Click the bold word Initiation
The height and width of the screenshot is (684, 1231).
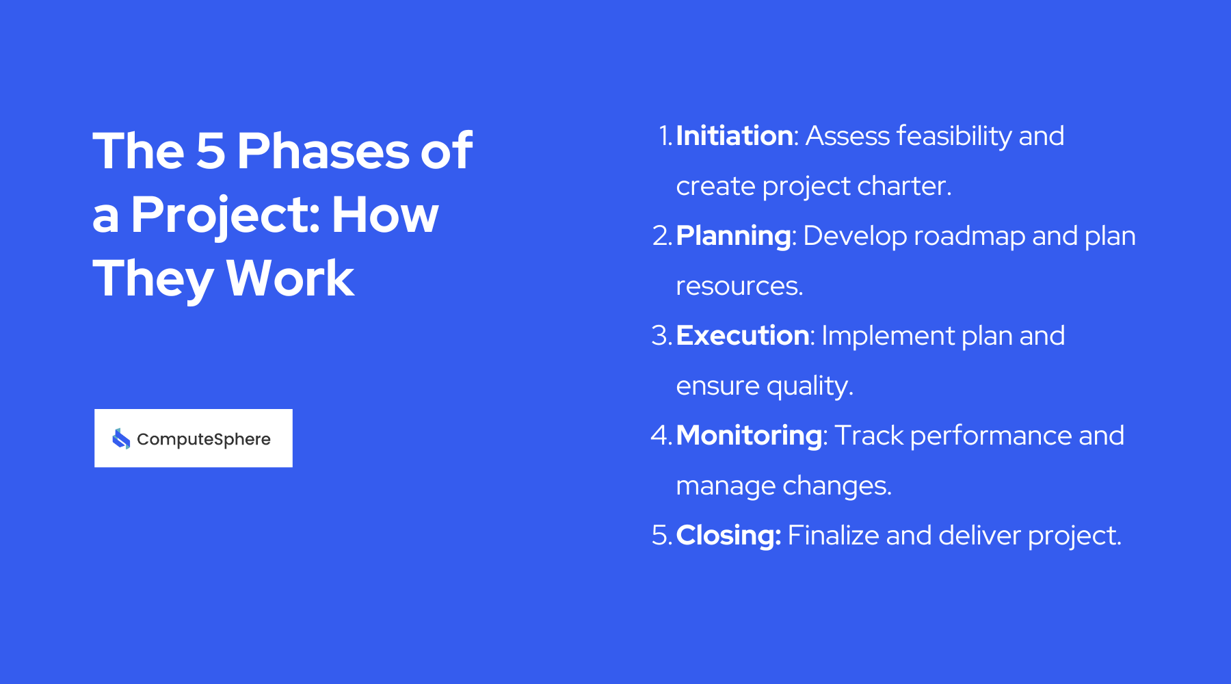(734, 136)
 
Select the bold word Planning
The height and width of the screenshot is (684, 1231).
(733, 237)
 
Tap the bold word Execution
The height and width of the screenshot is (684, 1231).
(742, 336)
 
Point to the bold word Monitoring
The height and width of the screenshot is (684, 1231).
(749, 436)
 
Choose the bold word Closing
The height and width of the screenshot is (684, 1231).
(728, 536)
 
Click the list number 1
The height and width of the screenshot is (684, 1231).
(665, 136)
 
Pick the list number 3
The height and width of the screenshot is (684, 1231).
(661, 336)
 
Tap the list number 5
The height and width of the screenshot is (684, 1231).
(661, 536)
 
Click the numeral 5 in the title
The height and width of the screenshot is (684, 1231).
(211, 151)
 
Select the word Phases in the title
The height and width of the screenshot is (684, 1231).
(322, 151)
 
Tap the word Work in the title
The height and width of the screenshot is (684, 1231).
(290, 279)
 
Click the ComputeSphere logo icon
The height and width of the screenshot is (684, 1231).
(121, 438)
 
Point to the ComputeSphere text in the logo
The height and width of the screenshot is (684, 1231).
(203, 439)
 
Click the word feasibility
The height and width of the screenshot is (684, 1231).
(954, 136)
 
